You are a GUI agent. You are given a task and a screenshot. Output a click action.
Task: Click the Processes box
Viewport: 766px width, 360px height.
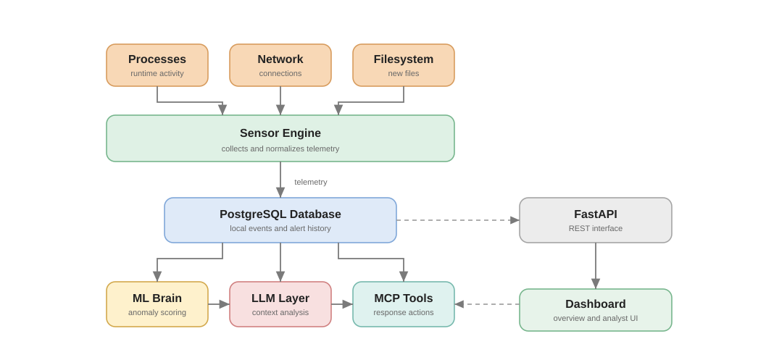click(x=157, y=65)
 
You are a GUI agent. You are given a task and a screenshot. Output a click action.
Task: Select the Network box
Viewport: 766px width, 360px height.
click(x=280, y=65)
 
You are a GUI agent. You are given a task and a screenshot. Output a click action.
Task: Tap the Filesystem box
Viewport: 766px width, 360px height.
click(x=404, y=65)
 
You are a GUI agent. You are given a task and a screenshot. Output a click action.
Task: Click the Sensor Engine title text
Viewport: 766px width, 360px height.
click(x=280, y=133)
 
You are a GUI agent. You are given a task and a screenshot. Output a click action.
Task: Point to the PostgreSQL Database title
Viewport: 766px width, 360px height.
click(x=280, y=214)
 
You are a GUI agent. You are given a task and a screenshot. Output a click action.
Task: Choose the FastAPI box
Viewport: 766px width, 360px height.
click(x=596, y=220)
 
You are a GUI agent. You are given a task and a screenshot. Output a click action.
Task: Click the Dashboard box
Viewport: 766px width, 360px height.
click(x=596, y=310)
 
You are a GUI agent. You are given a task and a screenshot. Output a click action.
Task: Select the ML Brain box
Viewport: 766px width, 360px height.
click(x=157, y=304)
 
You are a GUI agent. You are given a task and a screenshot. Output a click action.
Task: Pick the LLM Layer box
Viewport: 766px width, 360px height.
click(x=280, y=304)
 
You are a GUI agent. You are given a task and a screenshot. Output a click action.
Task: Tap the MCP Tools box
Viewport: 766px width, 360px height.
click(x=404, y=304)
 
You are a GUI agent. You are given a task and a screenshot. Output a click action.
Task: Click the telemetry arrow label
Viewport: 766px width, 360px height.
click(x=311, y=182)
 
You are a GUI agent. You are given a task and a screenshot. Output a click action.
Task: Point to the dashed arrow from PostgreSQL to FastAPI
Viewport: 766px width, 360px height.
click(x=457, y=220)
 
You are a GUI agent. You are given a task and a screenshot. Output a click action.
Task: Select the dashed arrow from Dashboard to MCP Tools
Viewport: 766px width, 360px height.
click(x=487, y=304)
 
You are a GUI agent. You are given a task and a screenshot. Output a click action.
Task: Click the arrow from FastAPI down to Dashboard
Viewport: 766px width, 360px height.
click(x=596, y=265)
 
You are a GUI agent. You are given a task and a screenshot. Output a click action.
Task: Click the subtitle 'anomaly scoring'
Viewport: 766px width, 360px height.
click(x=157, y=312)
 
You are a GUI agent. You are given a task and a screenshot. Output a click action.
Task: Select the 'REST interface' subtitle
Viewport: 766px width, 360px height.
click(x=596, y=228)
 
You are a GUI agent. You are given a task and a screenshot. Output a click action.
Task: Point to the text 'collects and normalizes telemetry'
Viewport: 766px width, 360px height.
click(x=280, y=148)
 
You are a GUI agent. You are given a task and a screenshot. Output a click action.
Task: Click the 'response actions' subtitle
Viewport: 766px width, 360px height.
click(x=404, y=312)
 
